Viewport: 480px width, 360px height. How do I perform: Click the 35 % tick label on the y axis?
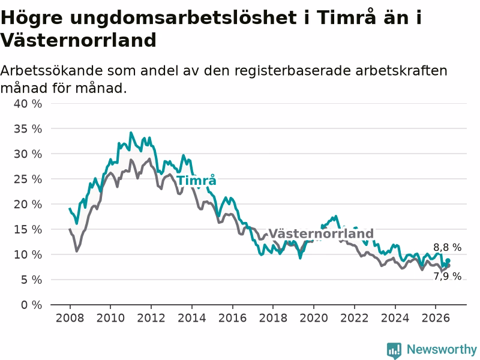pos(28,129)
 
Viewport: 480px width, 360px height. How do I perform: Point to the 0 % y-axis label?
pos(32,305)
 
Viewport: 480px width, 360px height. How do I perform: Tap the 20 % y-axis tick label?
pos(28,204)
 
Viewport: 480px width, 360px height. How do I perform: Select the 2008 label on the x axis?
pos(70,318)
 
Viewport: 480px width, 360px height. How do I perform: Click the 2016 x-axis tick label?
pos(232,318)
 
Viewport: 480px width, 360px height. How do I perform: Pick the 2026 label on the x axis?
pos(436,318)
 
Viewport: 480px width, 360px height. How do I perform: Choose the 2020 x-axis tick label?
pos(313,318)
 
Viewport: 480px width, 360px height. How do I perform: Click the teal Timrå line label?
pos(197,180)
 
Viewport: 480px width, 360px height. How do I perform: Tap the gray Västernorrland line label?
pos(321,233)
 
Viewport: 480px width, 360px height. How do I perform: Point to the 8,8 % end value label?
pos(447,247)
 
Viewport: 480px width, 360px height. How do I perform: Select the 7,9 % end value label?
pos(447,276)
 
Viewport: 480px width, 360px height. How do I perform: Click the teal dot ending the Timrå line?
pos(448,260)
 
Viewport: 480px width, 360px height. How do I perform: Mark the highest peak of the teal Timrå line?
pos(131,133)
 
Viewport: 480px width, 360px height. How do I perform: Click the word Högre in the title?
pos(32,17)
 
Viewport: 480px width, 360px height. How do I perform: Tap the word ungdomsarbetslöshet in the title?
pos(184,17)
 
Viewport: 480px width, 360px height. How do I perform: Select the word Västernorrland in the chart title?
pos(79,40)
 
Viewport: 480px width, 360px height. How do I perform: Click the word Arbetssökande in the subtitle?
pos(52,71)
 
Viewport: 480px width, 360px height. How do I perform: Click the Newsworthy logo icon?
pos(394,350)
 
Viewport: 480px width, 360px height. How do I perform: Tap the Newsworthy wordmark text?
pos(442,349)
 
